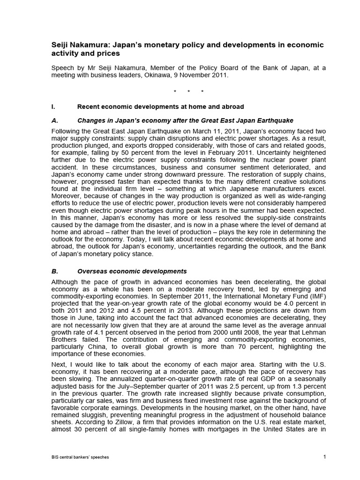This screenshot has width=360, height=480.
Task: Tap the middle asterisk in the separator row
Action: [x=188, y=92]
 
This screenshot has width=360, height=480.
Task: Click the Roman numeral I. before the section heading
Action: [x=53, y=107]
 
